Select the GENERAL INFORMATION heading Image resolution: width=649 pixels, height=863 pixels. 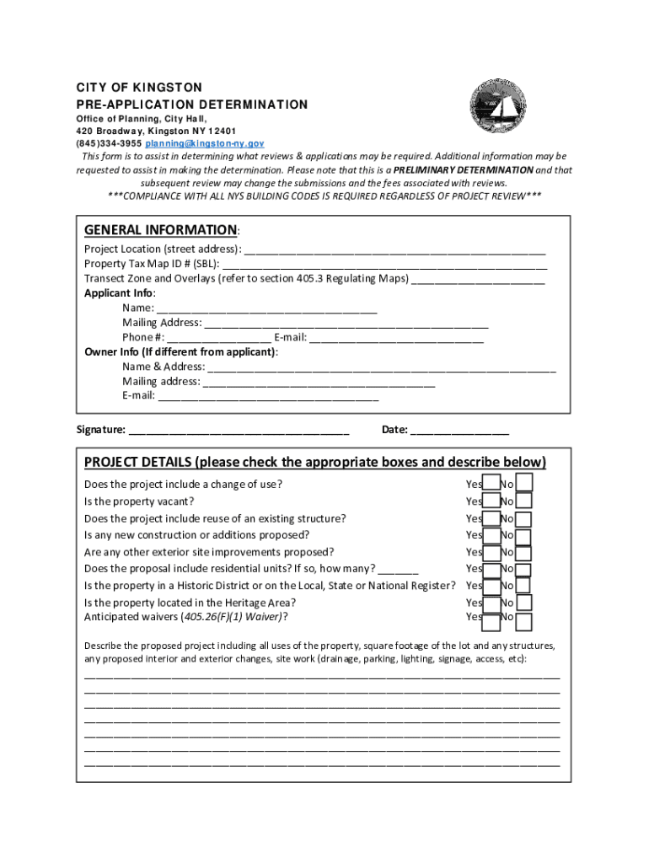click(160, 230)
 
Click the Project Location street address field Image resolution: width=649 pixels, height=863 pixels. click(394, 249)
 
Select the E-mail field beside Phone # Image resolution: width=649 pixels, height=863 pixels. click(396, 338)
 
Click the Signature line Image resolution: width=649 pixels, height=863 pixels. click(239, 430)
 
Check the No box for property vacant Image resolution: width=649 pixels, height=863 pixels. click(523, 501)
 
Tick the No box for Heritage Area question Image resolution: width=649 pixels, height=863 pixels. click(523, 603)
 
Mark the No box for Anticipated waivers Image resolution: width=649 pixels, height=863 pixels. click(523, 622)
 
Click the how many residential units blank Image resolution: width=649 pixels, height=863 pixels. click(404, 569)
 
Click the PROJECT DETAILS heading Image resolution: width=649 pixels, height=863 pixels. click(314, 462)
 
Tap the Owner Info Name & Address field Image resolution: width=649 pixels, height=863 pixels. click(381, 367)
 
